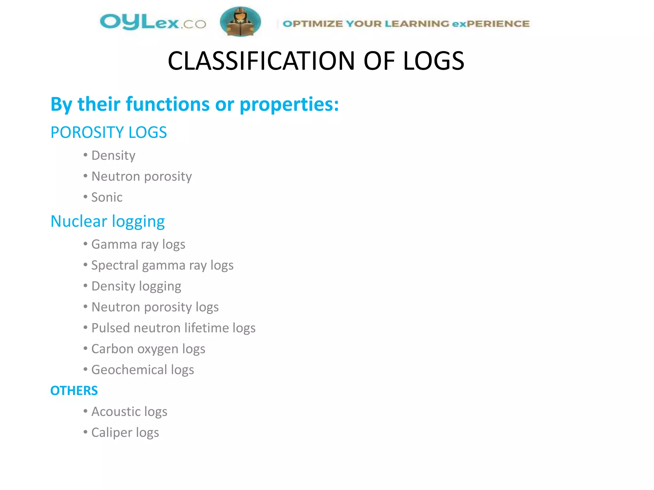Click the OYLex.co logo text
pos(153,22)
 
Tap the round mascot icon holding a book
pos(240,22)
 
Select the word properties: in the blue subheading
pos(289,104)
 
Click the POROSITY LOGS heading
pos(109,132)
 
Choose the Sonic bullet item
pos(107,197)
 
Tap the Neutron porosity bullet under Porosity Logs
pos(141,176)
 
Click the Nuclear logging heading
pos(108,221)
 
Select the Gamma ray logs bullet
pos(138,244)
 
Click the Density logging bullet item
pos(136,286)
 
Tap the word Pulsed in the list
pos(110,328)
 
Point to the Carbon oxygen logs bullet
pos(148,349)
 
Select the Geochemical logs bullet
pos(143,370)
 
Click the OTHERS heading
pos(74,391)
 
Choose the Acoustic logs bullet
pos(129,412)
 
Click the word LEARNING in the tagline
pos(417,24)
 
